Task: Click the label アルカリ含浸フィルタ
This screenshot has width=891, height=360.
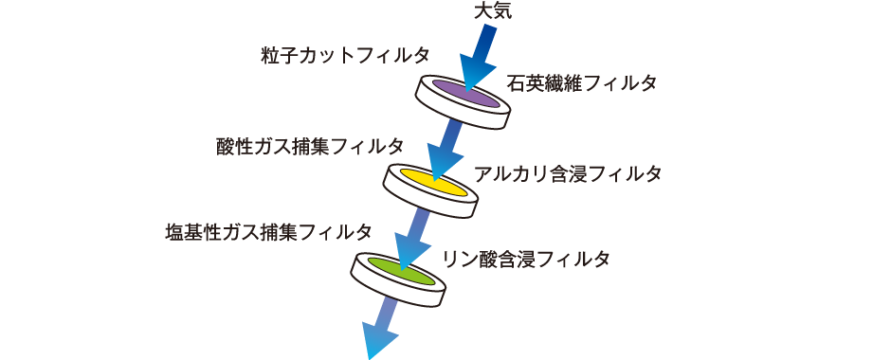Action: [x=567, y=175]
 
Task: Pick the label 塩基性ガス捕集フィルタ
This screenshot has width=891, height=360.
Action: [x=267, y=232]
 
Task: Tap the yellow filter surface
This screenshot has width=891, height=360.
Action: [x=431, y=181]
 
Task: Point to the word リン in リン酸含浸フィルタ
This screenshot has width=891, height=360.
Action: [x=452, y=259]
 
